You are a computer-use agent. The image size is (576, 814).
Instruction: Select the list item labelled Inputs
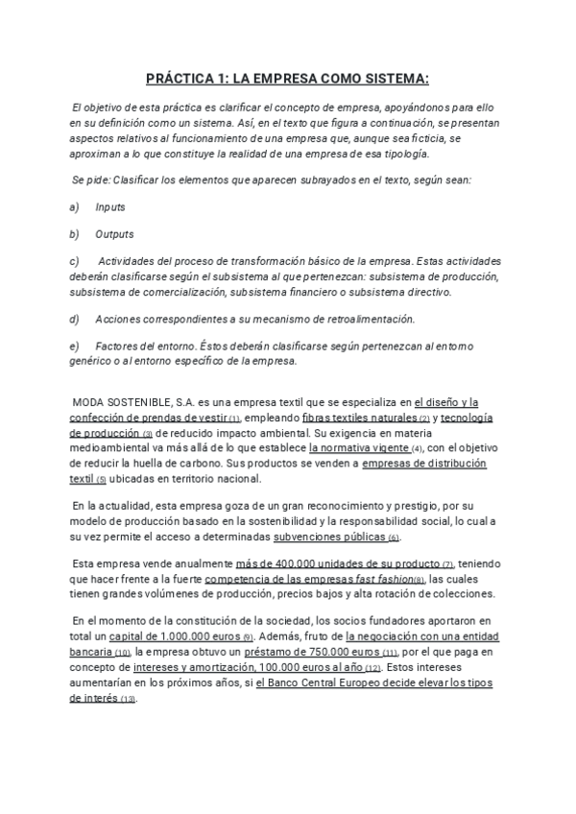[x=110, y=207]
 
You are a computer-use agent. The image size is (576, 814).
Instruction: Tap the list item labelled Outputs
[x=114, y=234]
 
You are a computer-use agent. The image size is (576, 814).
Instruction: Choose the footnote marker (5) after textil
[x=102, y=480]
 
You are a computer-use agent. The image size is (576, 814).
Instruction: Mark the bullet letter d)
[x=75, y=319]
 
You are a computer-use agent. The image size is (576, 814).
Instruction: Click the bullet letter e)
[x=75, y=346]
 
